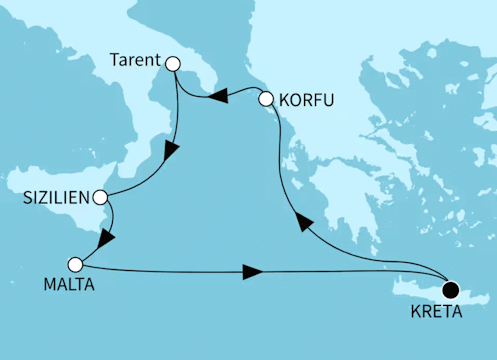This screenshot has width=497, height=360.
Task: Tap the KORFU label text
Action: tap(307, 100)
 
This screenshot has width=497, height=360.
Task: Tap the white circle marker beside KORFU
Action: tap(266, 99)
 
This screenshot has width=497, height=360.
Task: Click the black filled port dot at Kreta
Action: tap(451, 290)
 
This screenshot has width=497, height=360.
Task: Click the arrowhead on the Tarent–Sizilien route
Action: tap(171, 152)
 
